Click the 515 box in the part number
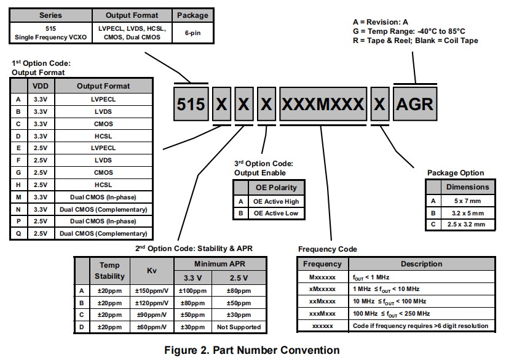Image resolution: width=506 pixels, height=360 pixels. coord(191,104)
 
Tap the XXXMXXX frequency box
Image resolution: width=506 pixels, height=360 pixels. coord(322,104)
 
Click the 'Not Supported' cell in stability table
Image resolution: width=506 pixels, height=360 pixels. coord(239,327)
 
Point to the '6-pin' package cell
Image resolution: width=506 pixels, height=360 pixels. coord(192,32)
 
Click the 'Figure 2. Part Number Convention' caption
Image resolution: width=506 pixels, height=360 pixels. coord(252,350)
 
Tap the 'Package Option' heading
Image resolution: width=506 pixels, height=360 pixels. coord(456,173)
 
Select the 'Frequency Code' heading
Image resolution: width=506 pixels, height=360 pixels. coord(328,249)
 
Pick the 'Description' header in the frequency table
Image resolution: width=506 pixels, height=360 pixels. coord(421,264)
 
